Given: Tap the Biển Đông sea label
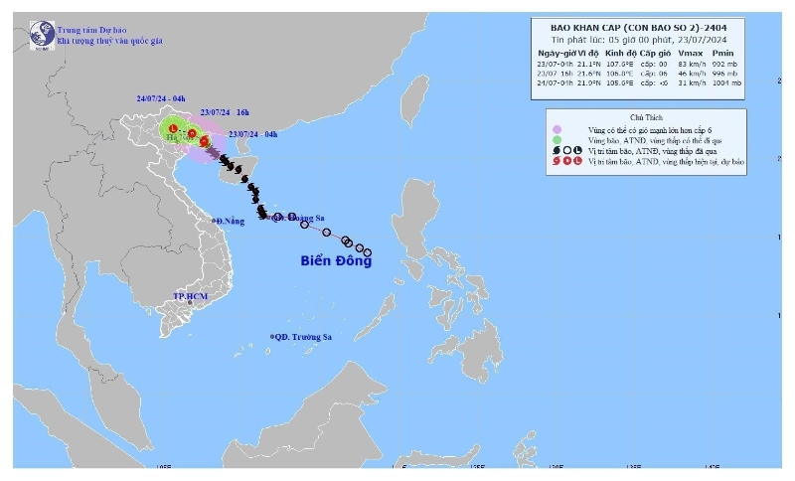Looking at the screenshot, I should [x=336, y=261].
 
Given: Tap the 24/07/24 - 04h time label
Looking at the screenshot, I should [x=163, y=99].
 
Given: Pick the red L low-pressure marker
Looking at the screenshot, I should [x=173, y=129].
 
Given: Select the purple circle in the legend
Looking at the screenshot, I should [x=558, y=129].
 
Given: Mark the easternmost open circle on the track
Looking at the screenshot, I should [x=368, y=251].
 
